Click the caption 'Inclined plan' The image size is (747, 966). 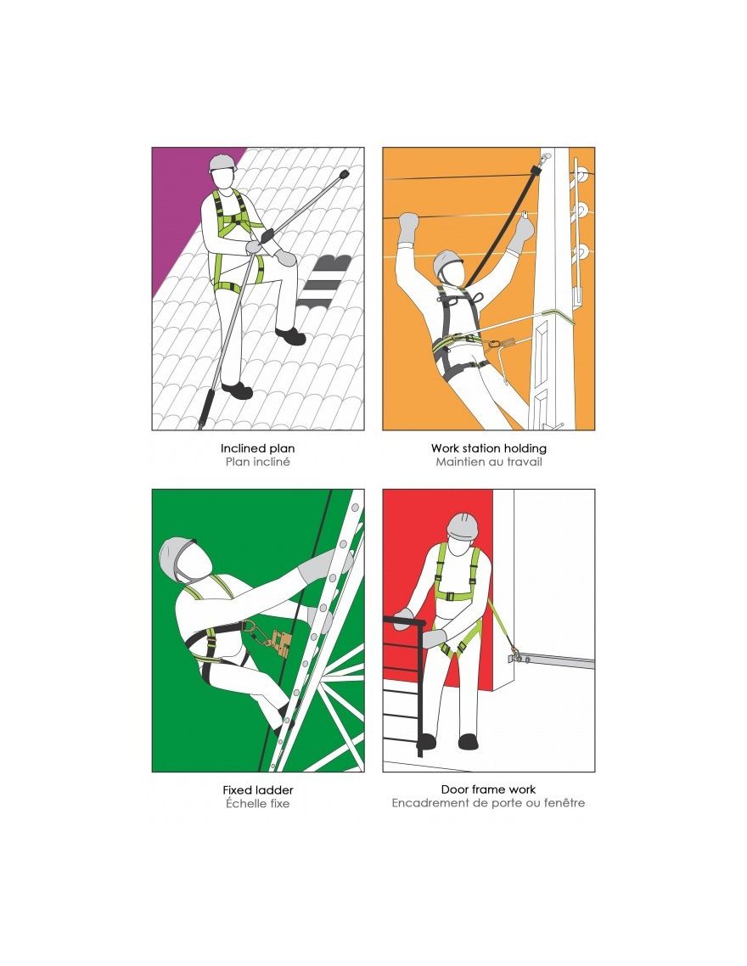257,448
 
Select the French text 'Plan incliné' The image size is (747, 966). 257,462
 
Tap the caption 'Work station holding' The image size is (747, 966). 488,448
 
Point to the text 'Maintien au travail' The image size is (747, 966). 488,462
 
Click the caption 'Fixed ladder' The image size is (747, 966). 257,789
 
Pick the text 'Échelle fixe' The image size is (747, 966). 257,803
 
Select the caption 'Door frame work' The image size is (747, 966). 488,789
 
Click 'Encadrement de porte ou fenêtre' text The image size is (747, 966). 488,803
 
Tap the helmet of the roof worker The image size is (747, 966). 222,163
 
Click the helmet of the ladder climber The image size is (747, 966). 176,555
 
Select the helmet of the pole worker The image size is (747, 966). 447,261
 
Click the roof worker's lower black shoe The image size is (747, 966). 237,390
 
